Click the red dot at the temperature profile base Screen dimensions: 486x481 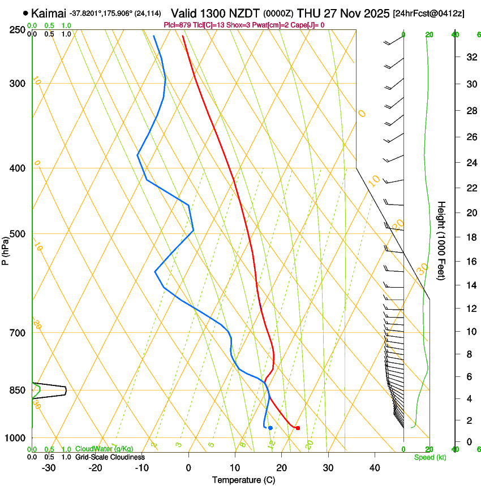click(298, 428)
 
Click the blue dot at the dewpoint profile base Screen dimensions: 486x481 click(270, 428)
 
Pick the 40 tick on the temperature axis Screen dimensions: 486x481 click(375, 467)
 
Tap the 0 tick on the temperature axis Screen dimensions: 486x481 click(188, 467)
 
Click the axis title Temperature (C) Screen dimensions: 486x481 click(243, 480)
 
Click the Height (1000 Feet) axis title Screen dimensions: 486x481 click(442, 241)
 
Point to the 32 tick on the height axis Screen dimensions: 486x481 click(470, 57)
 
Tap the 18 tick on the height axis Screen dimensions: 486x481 click(470, 237)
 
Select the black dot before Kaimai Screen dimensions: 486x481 click(26, 12)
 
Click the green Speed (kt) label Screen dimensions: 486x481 click(430, 457)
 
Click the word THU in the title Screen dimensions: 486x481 click(310, 12)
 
